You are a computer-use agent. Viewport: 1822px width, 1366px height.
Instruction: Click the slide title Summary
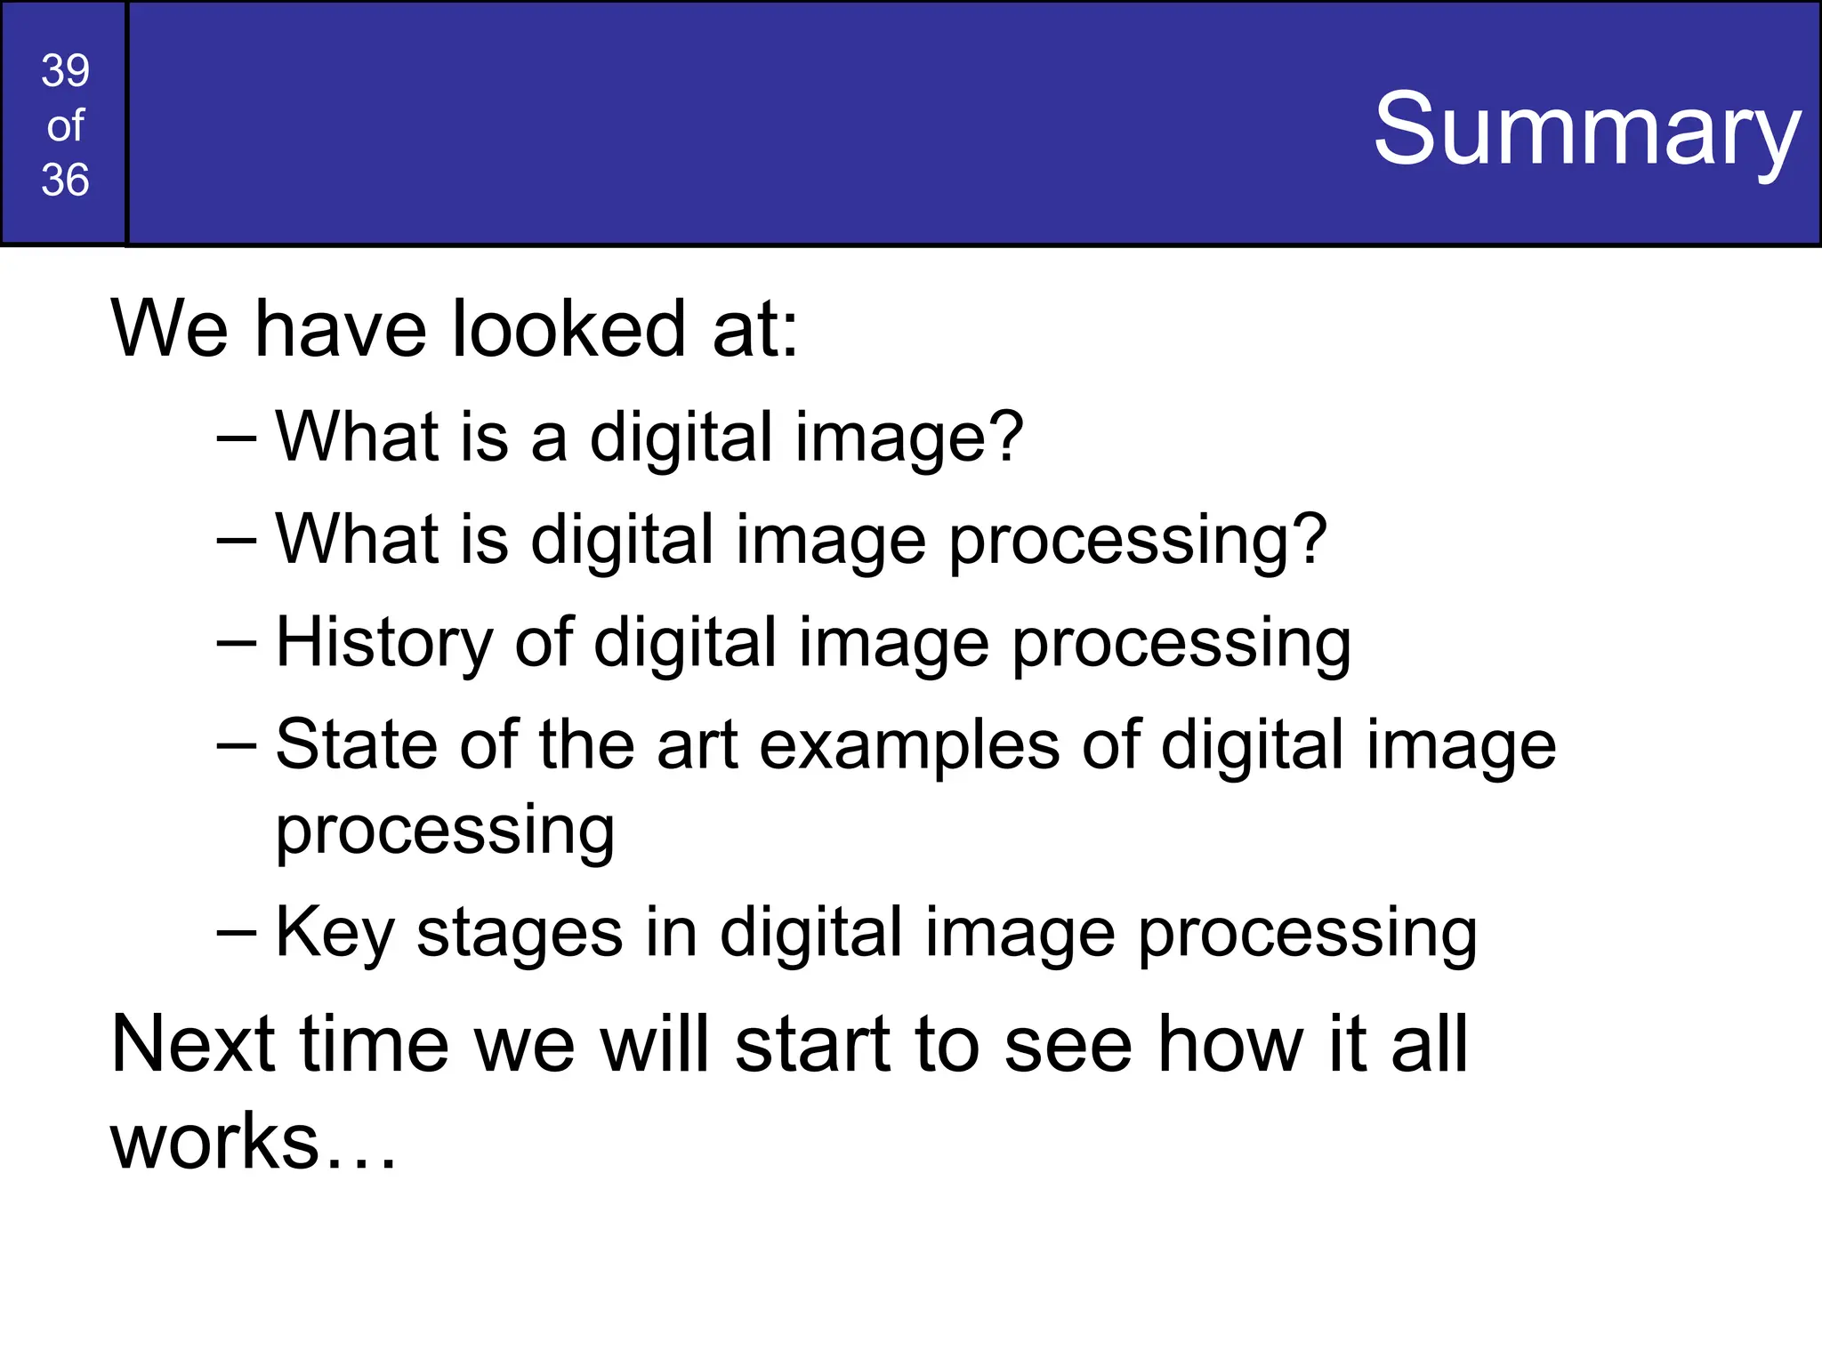(x=1586, y=130)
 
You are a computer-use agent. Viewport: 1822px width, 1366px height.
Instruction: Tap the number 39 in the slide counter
(x=65, y=70)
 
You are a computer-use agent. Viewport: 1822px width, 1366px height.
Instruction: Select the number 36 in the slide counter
(x=65, y=180)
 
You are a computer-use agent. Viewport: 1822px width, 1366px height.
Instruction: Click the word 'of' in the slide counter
(x=65, y=125)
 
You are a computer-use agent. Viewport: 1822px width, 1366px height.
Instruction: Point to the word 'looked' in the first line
(x=569, y=329)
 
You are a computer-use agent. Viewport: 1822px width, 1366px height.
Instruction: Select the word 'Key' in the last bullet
(x=335, y=932)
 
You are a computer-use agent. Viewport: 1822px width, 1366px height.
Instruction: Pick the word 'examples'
(x=909, y=745)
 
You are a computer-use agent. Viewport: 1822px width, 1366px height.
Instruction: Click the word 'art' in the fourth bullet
(x=697, y=744)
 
